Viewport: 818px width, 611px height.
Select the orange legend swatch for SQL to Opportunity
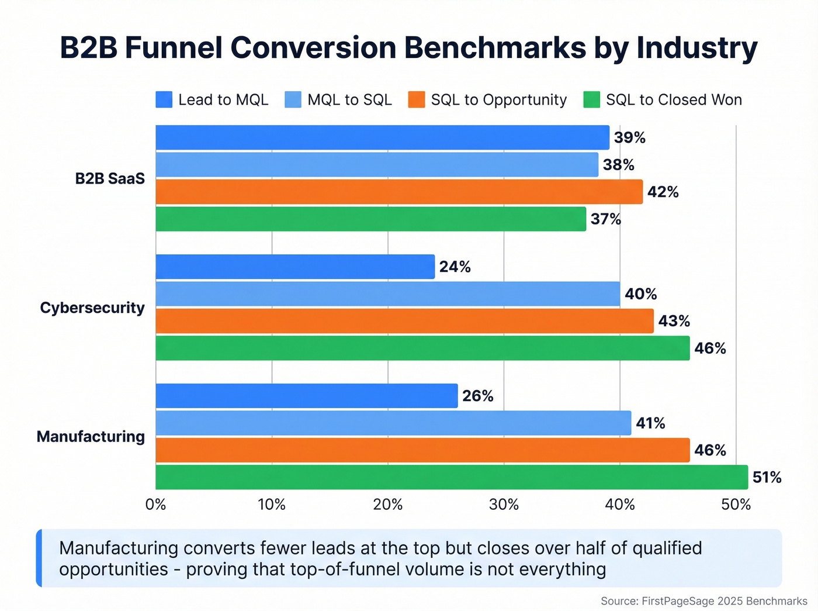tap(417, 100)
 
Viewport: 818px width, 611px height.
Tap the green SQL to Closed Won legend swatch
tap(592, 100)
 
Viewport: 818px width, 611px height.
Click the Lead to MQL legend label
tap(223, 100)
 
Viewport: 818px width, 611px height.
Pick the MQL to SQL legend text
tap(349, 100)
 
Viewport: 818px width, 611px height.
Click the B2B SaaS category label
tap(110, 179)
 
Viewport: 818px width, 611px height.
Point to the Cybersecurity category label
tap(92, 308)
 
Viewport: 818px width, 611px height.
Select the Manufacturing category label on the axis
tap(91, 437)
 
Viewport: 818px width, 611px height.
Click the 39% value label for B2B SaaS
tap(629, 138)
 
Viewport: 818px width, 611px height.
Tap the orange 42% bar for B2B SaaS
tap(399, 192)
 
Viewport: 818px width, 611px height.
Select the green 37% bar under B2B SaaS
tap(370, 219)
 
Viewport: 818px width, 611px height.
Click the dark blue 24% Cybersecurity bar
tap(295, 267)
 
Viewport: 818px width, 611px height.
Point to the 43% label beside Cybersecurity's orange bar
tap(674, 322)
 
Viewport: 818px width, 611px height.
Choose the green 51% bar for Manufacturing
tap(452, 478)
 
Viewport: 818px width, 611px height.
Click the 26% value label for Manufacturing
tap(477, 396)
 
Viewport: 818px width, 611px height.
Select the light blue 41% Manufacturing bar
tap(393, 423)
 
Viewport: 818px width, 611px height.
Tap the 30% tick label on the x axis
tap(504, 505)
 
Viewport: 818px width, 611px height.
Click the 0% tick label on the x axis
tap(155, 505)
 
